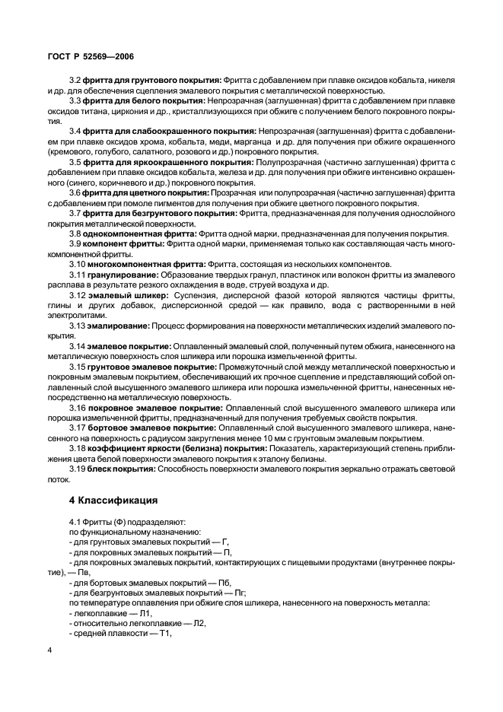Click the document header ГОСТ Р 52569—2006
tap(92, 57)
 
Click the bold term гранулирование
tap(121, 273)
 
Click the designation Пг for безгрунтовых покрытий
tap(236, 592)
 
